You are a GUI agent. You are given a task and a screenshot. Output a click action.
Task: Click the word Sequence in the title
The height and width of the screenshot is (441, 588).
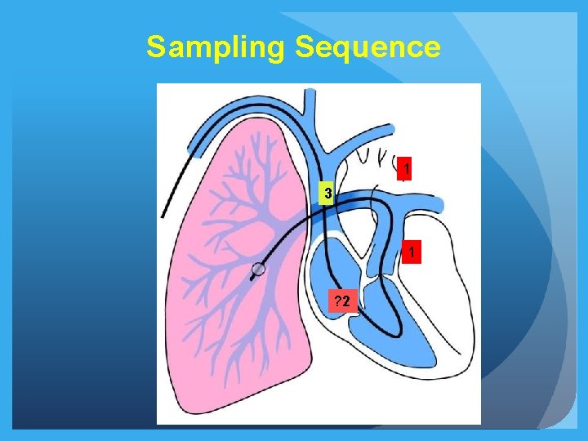point(367,47)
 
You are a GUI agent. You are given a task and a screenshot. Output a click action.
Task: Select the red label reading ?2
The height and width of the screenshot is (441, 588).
point(342,301)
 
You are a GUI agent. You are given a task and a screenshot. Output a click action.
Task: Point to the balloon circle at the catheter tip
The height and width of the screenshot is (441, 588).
point(259,269)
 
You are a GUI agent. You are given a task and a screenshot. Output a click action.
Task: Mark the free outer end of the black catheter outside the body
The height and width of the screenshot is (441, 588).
point(163,216)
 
